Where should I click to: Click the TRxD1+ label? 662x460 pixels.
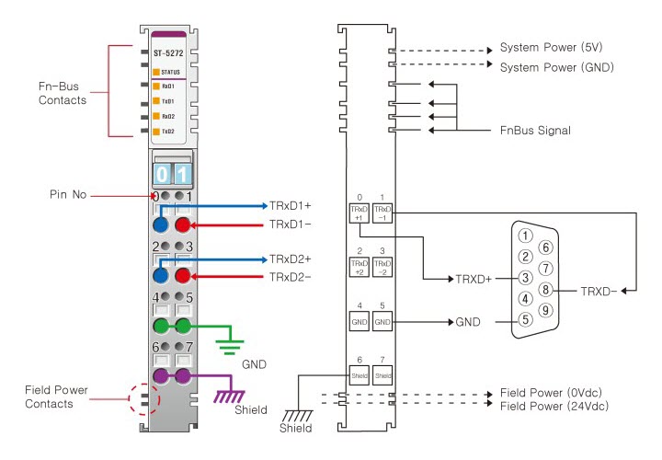pyautogui.click(x=291, y=204)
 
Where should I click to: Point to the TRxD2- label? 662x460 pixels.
pyautogui.click(x=291, y=277)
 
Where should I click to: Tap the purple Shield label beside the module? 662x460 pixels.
pyautogui.click(x=251, y=408)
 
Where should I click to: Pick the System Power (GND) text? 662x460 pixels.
pyautogui.click(x=555, y=66)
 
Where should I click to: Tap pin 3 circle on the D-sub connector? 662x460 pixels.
pyautogui.click(x=525, y=278)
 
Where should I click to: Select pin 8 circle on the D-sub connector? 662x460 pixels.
pyautogui.click(x=546, y=288)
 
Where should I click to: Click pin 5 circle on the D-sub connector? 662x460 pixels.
pyautogui.click(x=525, y=320)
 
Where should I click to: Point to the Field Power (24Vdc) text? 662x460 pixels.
pyautogui.click(x=554, y=405)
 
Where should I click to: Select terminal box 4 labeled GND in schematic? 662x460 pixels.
pyautogui.click(x=358, y=322)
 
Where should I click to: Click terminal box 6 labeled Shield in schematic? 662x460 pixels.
pyautogui.click(x=358, y=375)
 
